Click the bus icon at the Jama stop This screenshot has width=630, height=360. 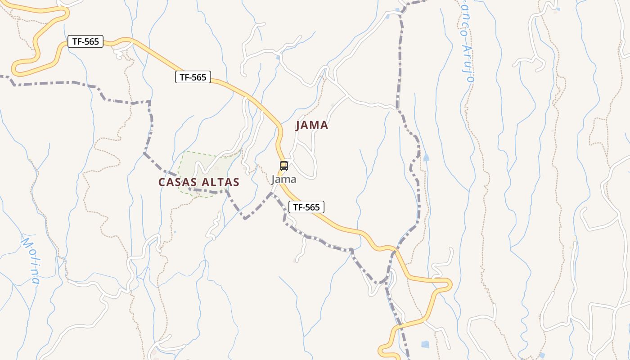point(283,166)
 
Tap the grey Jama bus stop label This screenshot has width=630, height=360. point(283,179)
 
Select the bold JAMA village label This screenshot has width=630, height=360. point(312,126)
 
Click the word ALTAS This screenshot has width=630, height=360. point(220,182)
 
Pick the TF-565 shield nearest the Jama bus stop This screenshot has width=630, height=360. point(306,207)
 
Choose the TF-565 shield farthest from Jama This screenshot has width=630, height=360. point(85,42)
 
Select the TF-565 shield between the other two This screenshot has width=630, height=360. point(193,77)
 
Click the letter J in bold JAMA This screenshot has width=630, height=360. point(298,126)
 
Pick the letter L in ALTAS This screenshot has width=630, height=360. point(214,182)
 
